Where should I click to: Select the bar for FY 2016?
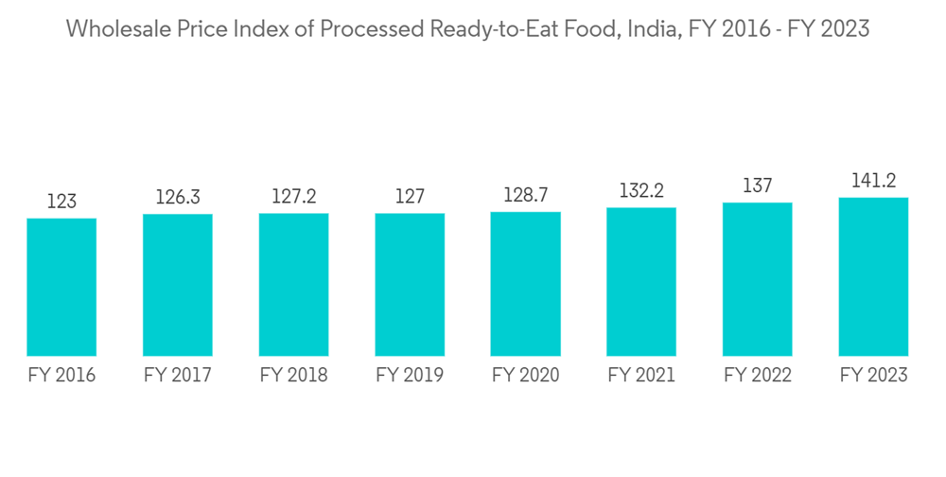(x=61, y=287)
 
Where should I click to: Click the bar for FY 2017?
(x=178, y=285)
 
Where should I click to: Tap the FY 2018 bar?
(x=293, y=284)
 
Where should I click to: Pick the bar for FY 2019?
(x=410, y=284)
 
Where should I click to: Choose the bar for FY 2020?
(x=525, y=283)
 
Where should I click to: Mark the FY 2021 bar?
(x=641, y=281)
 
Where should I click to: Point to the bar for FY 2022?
(x=757, y=279)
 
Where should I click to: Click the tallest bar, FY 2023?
(x=873, y=276)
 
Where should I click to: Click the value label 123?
(x=61, y=202)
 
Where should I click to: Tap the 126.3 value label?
(x=178, y=197)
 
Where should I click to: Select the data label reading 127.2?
(x=293, y=196)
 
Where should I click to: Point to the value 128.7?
(x=525, y=195)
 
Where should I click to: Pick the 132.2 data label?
(x=641, y=190)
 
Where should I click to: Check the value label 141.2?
(x=873, y=181)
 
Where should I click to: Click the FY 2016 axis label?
(x=61, y=376)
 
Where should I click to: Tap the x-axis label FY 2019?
(x=410, y=376)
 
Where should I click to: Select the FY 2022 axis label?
(x=757, y=376)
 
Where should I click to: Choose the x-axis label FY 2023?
(x=873, y=376)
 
